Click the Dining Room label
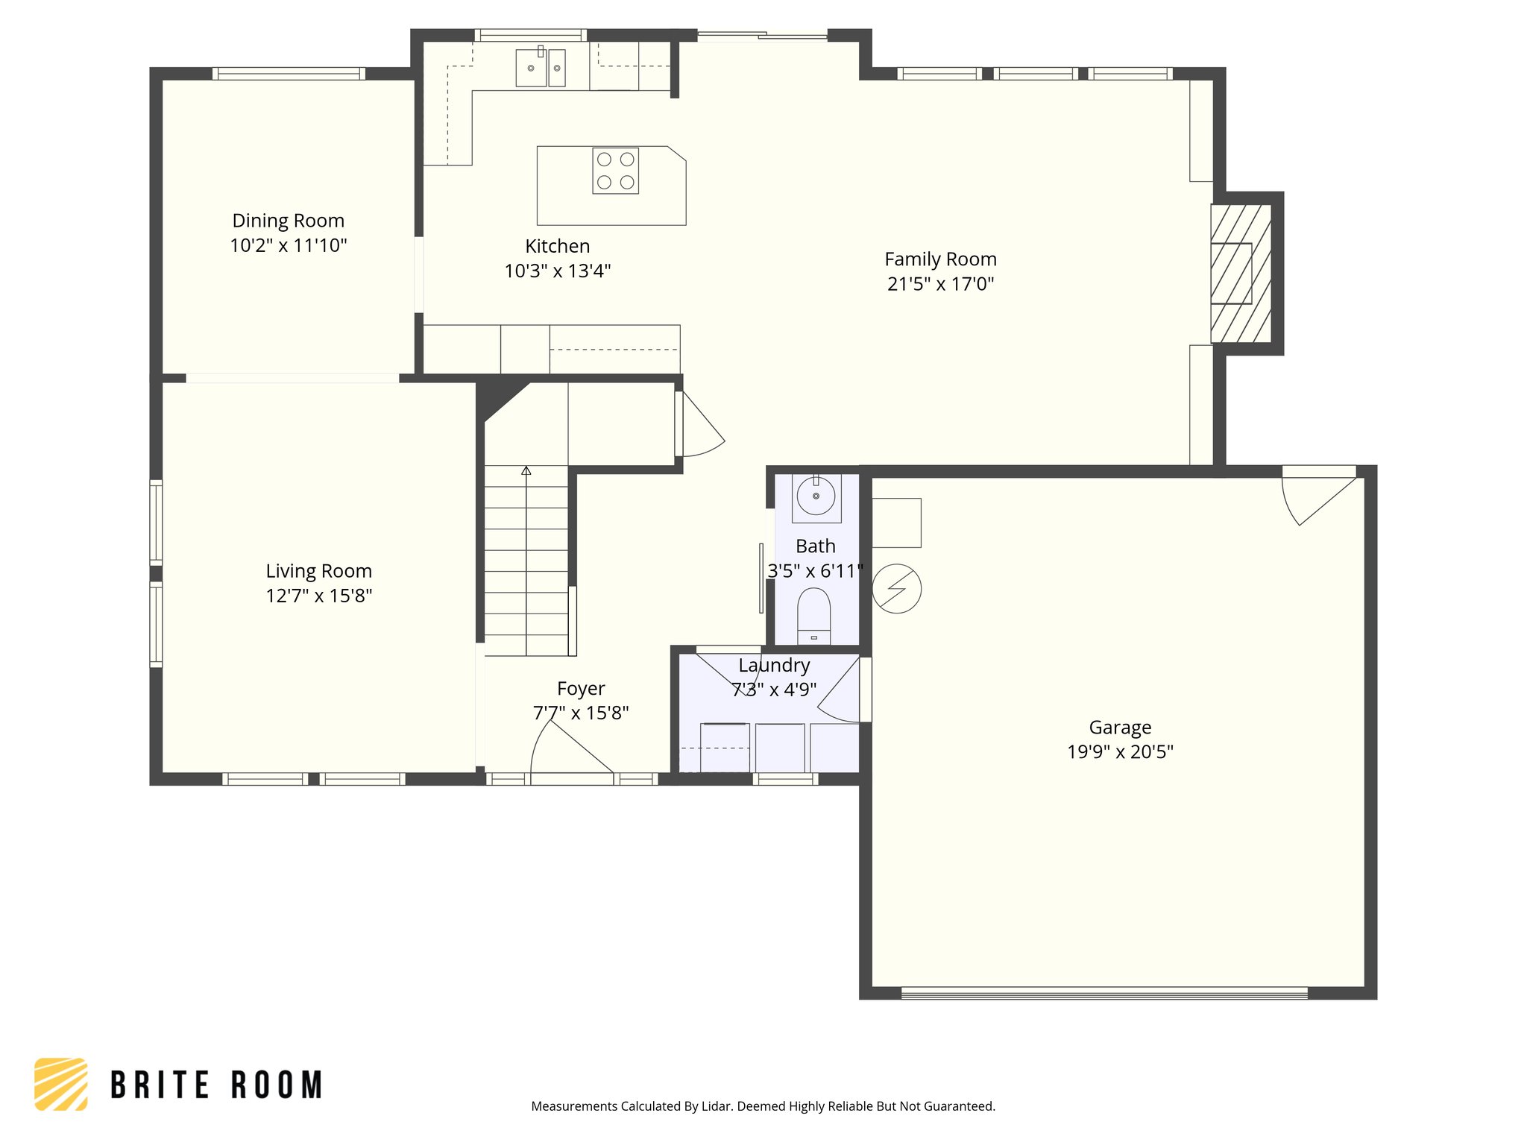pos(288,221)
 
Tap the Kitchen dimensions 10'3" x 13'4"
pos(557,271)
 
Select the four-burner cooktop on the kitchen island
pos(615,171)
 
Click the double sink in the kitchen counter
pos(541,68)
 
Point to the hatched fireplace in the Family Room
pos(1240,274)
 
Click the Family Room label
pos(940,259)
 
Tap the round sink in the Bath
pos(816,496)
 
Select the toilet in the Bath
pos(813,615)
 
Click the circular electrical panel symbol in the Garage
pos(896,588)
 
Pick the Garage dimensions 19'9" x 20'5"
pos(1119,751)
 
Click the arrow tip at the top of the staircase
pos(526,470)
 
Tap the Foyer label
pos(581,688)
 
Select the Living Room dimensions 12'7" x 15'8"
pos(318,596)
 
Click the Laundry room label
pos(774,665)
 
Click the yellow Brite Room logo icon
pos(61,1084)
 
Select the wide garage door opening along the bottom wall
pos(1103,993)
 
